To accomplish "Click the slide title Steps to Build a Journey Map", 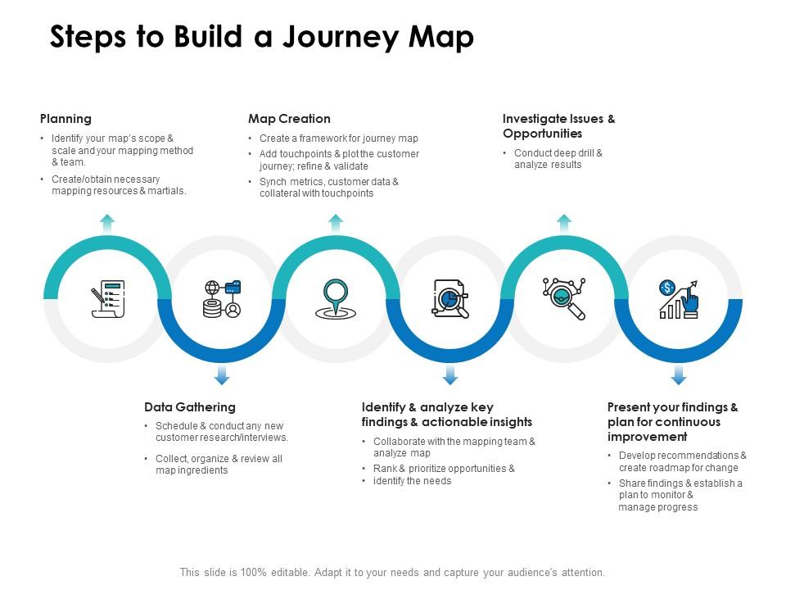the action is (262, 37).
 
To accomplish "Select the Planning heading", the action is (65, 119).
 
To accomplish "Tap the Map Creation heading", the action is (289, 119).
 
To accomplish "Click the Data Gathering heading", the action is (190, 407).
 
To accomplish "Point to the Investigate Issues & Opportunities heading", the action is (559, 126).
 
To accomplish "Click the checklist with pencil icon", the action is (108, 299).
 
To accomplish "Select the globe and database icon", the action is (222, 299).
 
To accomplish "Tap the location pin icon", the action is (336, 299).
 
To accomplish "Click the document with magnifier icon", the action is (450, 299).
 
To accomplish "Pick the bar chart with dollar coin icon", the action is (678, 300).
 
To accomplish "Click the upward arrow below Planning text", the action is (107, 223).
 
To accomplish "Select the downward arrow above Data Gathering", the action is (222, 375).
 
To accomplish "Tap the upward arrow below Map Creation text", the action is (336, 223).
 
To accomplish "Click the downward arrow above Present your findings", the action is (679, 375).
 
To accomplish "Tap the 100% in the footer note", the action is (253, 573).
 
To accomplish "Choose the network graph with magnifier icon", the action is (564, 298).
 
